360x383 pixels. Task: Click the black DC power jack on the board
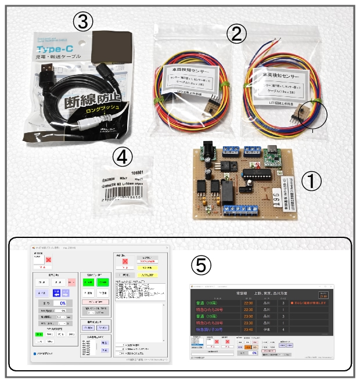(206, 150)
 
